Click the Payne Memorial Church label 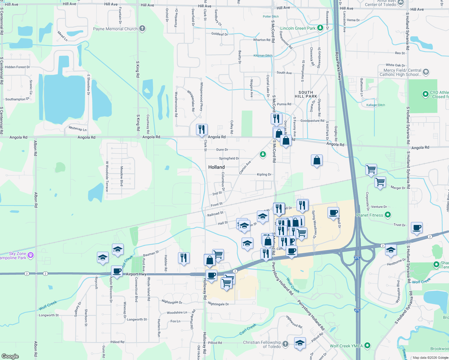point(115,29)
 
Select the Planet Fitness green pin point(388,215)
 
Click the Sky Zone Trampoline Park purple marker point(31,255)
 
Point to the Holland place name point(216,167)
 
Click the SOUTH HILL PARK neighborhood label point(306,94)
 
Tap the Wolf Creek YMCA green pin point(367,346)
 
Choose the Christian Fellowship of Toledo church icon point(285,344)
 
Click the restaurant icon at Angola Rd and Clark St point(202,130)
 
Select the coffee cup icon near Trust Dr point(417,228)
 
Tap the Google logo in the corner point(10,356)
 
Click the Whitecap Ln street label point(77,128)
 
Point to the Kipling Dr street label point(264,174)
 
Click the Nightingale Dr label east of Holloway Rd point(218,304)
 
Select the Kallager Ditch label point(375,105)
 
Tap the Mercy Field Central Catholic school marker point(426,72)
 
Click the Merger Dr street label point(398,188)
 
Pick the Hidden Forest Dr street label point(17,67)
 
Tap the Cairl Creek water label point(248,329)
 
